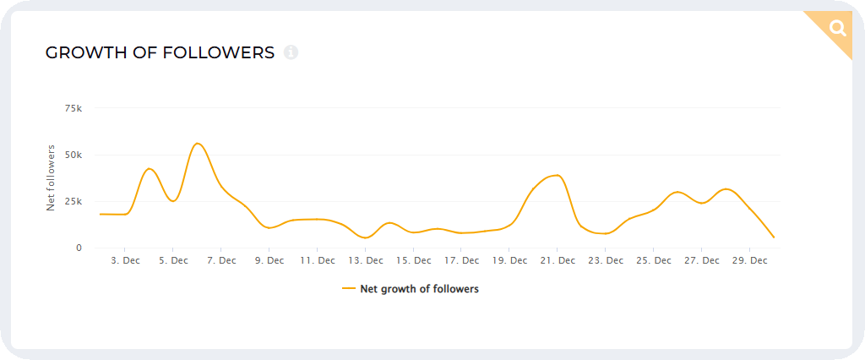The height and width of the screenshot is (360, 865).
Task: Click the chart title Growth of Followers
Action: point(160,52)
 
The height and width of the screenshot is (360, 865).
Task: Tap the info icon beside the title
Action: point(291,52)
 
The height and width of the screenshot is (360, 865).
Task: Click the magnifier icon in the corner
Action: point(837,28)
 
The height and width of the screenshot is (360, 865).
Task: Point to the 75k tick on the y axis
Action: point(73,108)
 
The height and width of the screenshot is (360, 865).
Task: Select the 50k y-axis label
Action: point(73,155)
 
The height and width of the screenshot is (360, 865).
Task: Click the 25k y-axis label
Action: point(73,201)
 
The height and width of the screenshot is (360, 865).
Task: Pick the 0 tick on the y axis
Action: point(79,248)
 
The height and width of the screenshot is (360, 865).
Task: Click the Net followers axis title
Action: point(51,177)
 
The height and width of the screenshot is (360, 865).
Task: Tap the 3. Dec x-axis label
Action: point(125,261)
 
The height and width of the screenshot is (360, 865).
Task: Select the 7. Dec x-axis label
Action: point(221,261)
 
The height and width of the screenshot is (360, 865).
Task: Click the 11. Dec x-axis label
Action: point(318,261)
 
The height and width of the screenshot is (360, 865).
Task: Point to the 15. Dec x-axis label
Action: point(414,261)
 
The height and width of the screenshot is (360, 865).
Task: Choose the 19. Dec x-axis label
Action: point(510,261)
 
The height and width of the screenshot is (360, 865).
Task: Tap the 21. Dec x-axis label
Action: point(558,261)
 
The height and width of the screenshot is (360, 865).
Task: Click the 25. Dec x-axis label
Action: point(655,261)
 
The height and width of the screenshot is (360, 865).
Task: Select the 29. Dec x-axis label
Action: point(750,261)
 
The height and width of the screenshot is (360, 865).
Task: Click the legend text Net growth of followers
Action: point(419,289)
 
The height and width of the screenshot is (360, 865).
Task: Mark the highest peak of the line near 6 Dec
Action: point(198,143)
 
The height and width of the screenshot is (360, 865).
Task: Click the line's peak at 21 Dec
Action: point(557,175)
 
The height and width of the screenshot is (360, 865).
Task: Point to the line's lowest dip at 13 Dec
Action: point(365,238)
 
